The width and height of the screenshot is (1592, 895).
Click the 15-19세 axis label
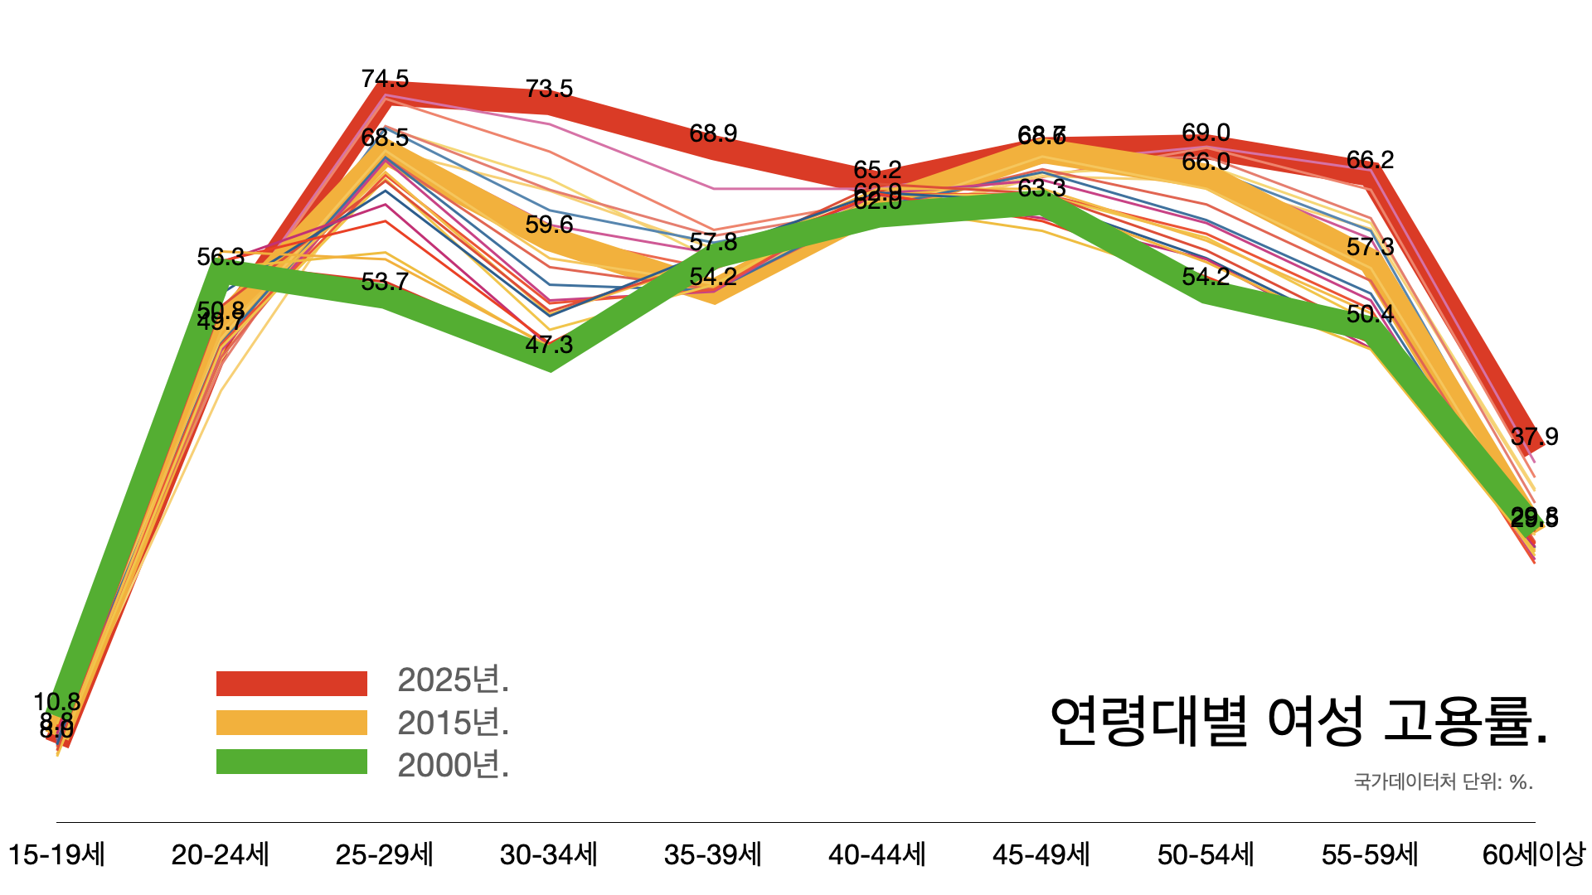pyautogui.click(x=56, y=854)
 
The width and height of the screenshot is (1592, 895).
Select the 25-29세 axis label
pyautogui.click(x=385, y=854)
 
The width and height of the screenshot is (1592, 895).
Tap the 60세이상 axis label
pyautogui.click(x=1534, y=854)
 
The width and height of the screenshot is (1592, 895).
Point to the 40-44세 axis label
pyautogui.click(x=877, y=854)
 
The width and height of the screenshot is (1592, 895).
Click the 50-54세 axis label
pyautogui.click(x=1206, y=854)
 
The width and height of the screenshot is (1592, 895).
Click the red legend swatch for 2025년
pyautogui.click(x=291, y=683)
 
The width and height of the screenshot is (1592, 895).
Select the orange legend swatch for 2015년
pyautogui.click(x=291, y=723)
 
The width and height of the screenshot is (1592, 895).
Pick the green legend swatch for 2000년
pyautogui.click(x=291, y=762)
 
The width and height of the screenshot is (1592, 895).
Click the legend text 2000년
pyautogui.click(x=454, y=765)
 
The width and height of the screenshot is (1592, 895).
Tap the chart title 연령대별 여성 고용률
pyautogui.click(x=1298, y=721)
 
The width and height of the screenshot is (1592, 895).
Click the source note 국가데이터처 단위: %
pyautogui.click(x=1444, y=781)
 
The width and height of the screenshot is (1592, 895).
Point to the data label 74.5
pyautogui.click(x=385, y=79)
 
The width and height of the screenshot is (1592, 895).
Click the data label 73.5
pyautogui.click(x=549, y=89)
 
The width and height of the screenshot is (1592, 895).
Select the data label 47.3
pyautogui.click(x=549, y=345)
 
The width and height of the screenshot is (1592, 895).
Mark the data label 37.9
pyautogui.click(x=1534, y=437)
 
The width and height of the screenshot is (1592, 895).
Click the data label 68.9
pyautogui.click(x=713, y=133)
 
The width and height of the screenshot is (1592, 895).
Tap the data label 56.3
pyautogui.click(x=221, y=257)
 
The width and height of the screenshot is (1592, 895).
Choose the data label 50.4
pyautogui.click(x=1370, y=314)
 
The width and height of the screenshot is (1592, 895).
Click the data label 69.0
pyautogui.click(x=1206, y=133)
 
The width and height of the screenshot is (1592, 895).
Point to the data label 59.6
pyautogui.click(x=549, y=225)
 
